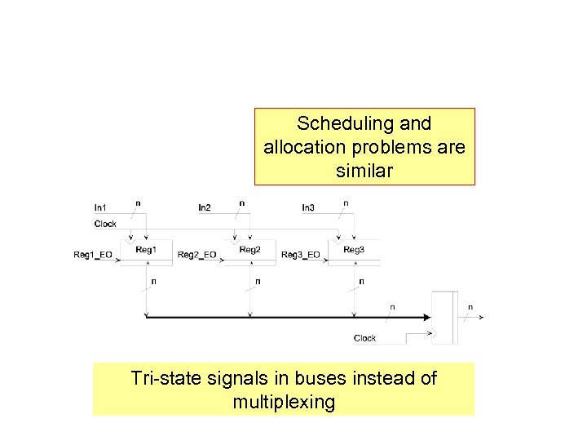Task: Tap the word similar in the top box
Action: pyautogui.click(x=364, y=171)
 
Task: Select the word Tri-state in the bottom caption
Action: pyautogui.click(x=165, y=379)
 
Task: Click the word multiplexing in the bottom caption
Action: pyautogui.click(x=283, y=402)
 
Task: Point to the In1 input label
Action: pyautogui.click(x=100, y=208)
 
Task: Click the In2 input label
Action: pyautogui.click(x=204, y=208)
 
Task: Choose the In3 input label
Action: pyautogui.click(x=307, y=208)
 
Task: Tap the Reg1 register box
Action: pyautogui.click(x=147, y=251)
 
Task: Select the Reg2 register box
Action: pyautogui.click(x=250, y=251)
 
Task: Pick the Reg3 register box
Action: pyautogui.click(x=354, y=251)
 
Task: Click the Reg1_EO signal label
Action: pyautogui.click(x=92, y=255)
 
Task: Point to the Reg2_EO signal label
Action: pyautogui.click(x=196, y=255)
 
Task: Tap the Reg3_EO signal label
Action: pyautogui.click(x=300, y=255)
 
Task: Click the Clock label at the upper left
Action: pyautogui.click(x=106, y=224)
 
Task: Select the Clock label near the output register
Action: pyautogui.click(x=365, y=338)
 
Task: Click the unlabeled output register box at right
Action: pyautogui.click(x=445, y=316)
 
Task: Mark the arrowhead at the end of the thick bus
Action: pyautogui.click(x=427, y=317)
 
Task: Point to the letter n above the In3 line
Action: pyautogui.click(x=346, y=202)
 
